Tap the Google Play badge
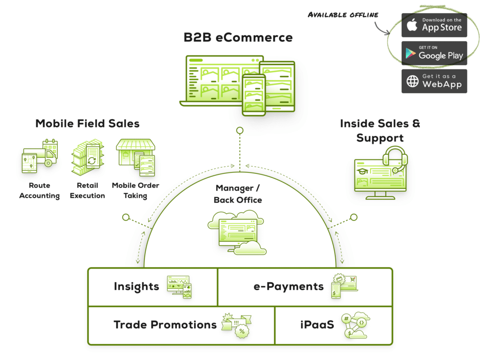[434, 53]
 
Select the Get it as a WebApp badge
[434, 81]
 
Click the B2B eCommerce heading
[239, 38]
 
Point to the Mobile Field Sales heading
[88, 124]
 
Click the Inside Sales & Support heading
[380, 131]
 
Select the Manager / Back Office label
[238, 194]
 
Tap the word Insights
[136, 286]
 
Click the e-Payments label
[289, 286]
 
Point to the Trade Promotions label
[165, 325]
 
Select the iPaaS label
[317, 325]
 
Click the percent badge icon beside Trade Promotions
[242, 331]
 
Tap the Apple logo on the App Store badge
[412, 25]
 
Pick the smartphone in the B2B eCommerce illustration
[254, 94]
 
